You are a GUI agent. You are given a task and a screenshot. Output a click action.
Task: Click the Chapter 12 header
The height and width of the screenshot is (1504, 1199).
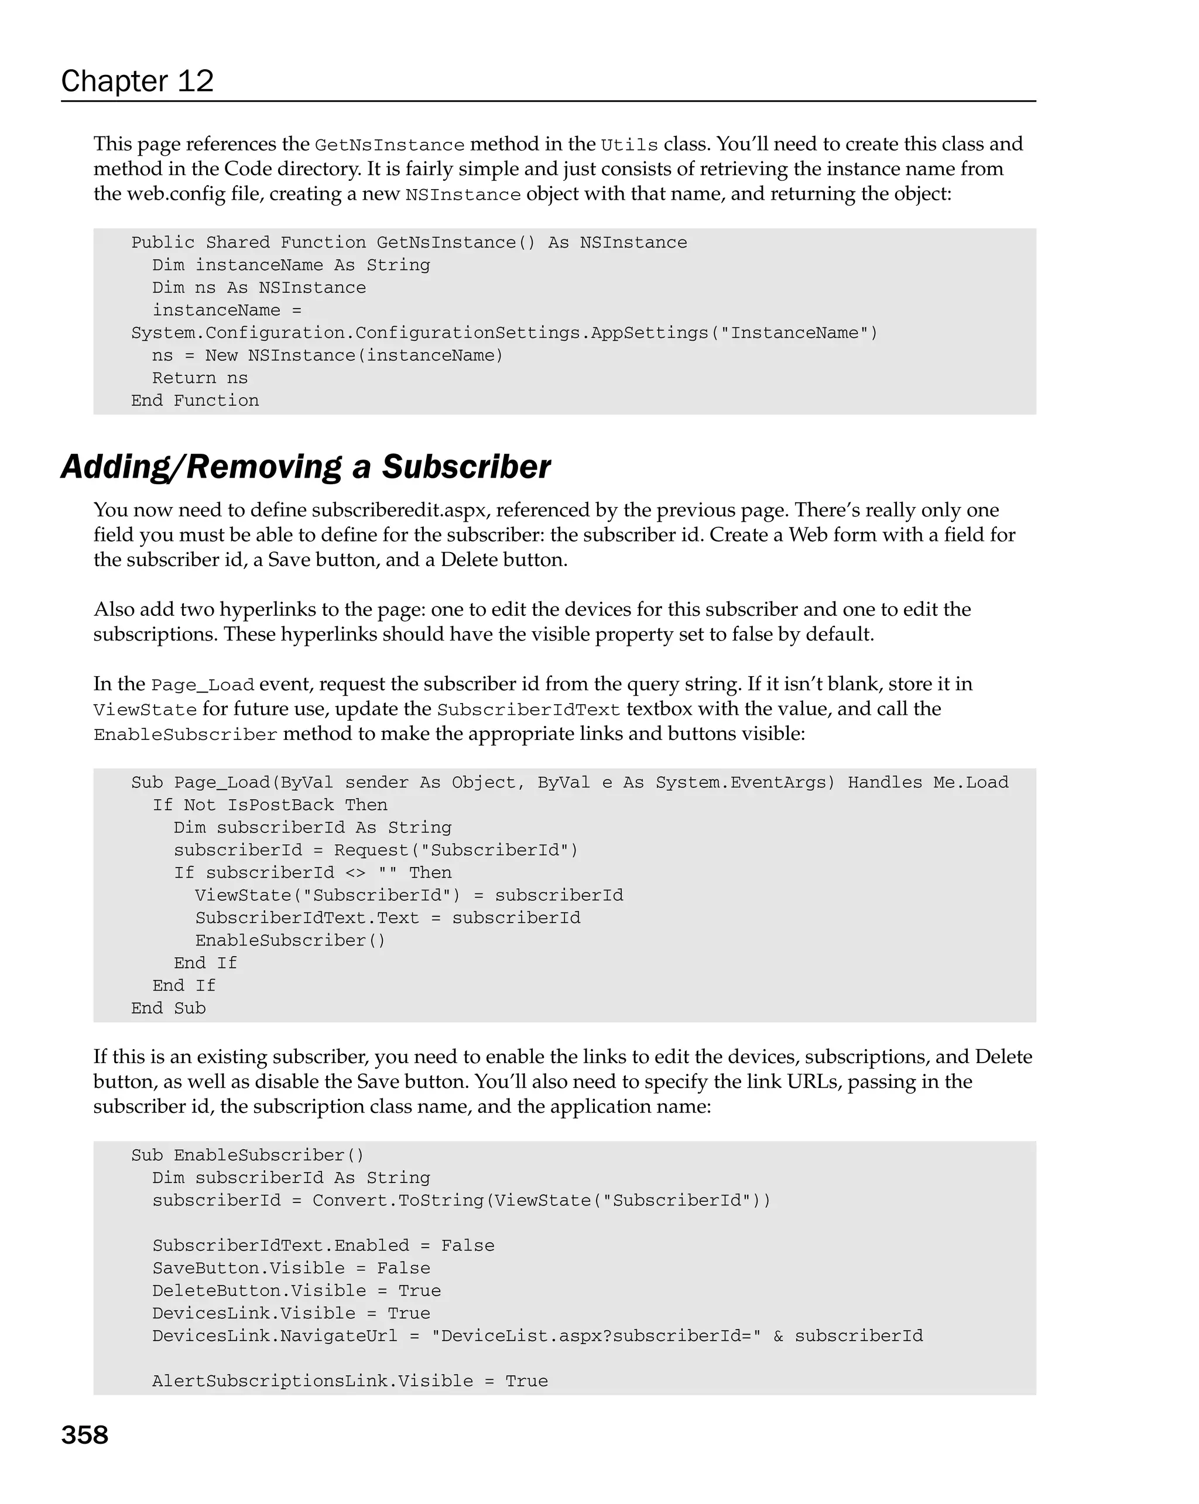coord(137,81)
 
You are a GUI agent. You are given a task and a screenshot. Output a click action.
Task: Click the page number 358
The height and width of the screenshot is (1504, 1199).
coord(84,1435)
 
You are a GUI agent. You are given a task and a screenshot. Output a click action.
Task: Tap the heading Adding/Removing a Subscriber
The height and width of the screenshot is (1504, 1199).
coord(306,467)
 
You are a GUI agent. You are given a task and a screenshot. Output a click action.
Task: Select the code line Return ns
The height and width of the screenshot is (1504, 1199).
coord(200,378)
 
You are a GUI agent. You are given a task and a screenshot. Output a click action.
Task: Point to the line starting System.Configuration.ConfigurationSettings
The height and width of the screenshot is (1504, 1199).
coord(503,333)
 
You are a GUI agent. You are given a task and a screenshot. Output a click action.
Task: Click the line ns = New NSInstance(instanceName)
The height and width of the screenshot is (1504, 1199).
coord(327,356)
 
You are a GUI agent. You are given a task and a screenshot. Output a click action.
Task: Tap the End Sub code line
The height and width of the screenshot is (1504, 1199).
coord(168,1008)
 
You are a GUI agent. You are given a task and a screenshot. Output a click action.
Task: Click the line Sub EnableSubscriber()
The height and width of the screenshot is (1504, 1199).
coord(248,1155)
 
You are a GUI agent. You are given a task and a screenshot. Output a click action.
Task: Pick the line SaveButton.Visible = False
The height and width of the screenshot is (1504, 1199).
coord(291,1268)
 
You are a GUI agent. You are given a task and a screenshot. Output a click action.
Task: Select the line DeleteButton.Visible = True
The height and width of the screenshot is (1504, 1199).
coord(296,1290)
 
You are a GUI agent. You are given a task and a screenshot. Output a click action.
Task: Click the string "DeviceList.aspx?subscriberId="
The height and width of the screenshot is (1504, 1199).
coord(597,1336)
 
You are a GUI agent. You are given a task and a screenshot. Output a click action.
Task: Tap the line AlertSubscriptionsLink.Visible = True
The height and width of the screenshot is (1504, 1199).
coord(350,1381)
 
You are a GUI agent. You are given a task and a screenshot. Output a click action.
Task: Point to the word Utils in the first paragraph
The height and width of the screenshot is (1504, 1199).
coord(629,145)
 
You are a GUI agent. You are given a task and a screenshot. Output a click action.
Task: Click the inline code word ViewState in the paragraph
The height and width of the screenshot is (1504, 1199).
coord(145,710)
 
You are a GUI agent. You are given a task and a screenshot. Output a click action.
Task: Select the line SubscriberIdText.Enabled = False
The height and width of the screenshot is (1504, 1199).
coord(323,1246)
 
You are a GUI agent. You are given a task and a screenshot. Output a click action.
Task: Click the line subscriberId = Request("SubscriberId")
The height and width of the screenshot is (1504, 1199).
coord(376,851)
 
